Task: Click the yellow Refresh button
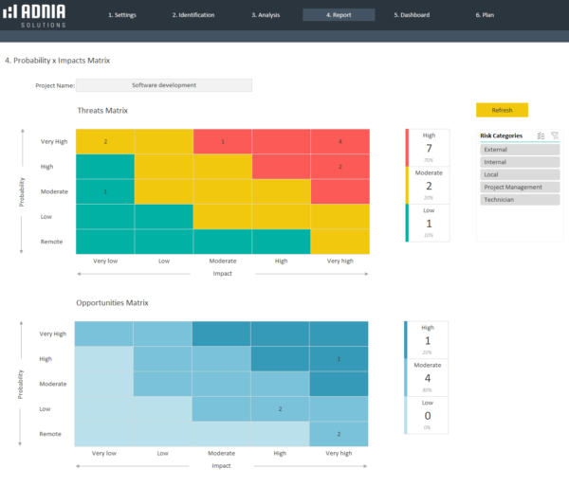click(x=502, y=110)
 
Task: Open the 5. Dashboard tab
click(x=411, y=15)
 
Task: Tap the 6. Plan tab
click(x=485, y=15)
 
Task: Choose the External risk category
click(x=520, y=150)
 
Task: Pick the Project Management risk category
click(x=520, y=187)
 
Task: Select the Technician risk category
click(x=520, y=200)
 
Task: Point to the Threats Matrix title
click(x=102, y=111)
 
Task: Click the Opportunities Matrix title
click(x=112, y=303)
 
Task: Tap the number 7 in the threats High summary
click(x=429, y=149)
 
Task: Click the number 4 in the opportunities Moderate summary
click(x=429, y=377)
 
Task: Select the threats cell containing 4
click(x=340, y=141)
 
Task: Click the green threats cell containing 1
click(x=104, y=191)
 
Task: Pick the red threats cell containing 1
click(x=222, y=141)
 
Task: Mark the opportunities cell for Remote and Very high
click(x=339, y=433)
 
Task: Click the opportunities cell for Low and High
click(x=281, y=408)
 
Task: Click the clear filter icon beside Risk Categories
click(x=554, y=135)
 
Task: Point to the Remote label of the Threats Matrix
click(x=52, y=242)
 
